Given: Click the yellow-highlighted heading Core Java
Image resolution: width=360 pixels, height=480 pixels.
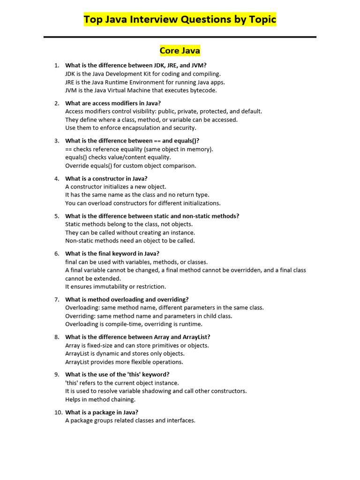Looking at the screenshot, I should point(180,51).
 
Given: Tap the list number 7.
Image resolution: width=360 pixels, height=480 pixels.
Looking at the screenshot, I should point(57,300).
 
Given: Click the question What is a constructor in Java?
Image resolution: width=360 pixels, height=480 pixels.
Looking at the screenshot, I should point(106,179).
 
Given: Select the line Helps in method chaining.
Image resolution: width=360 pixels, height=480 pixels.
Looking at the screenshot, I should point(100,400).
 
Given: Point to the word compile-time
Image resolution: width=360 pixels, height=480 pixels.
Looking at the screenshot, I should point(117,324).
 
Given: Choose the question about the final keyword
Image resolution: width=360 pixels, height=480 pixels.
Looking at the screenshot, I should point(112,254).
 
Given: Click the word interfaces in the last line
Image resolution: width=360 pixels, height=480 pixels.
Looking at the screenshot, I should point(181,421).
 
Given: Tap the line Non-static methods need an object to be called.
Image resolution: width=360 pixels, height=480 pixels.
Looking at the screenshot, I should point(130,241).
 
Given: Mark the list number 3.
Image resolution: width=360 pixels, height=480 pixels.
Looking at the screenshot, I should point(57,141).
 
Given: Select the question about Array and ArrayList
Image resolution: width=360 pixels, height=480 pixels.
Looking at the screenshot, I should point(138,337).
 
